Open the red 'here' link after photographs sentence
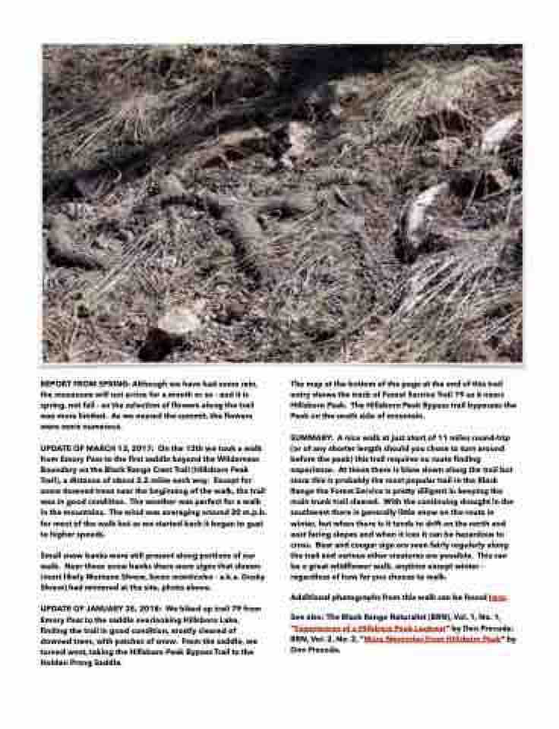[497, 598]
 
